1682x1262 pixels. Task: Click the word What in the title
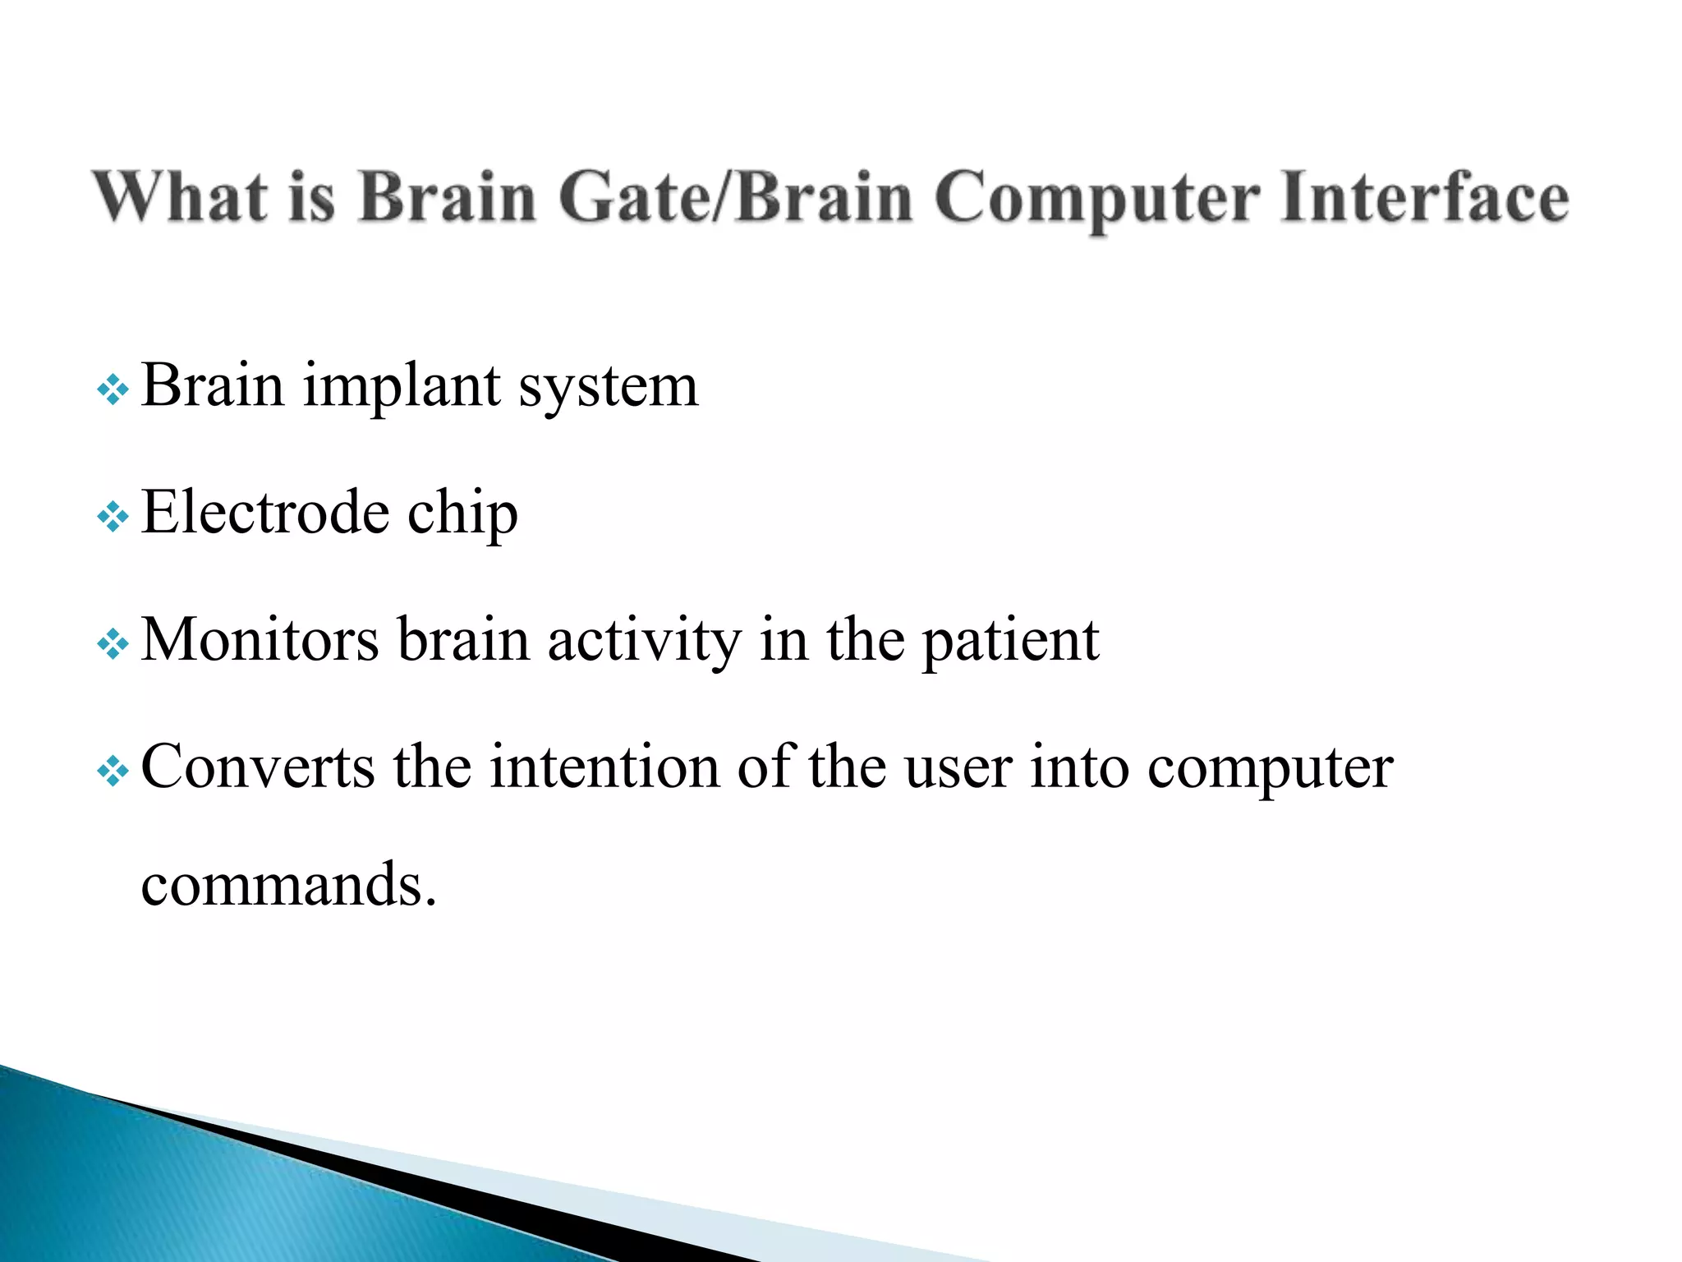[179, 197]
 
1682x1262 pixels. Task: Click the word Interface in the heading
[1424, 197]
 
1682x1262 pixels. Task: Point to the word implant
[402, 386]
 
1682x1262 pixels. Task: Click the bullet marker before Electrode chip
[113, 517]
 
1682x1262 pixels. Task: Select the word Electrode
[264, 512]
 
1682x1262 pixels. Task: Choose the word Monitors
[260, 639]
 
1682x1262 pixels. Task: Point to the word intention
[604, 767]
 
